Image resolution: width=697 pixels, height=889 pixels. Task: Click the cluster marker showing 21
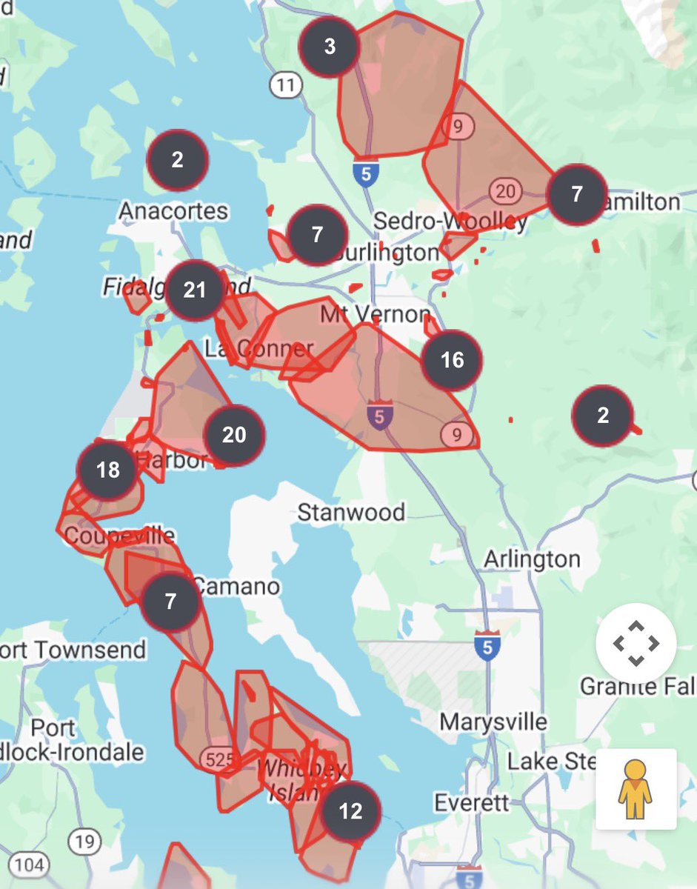195,290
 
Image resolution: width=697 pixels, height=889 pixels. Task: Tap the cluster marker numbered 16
452,360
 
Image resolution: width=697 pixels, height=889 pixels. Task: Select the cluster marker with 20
234,435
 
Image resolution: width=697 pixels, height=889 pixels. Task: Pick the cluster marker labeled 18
108,470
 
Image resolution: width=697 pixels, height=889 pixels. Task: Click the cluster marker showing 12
350,811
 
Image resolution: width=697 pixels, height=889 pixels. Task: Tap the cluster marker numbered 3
330,46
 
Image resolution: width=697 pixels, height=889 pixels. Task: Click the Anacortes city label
173,211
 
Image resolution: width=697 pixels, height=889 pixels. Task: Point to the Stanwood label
351,512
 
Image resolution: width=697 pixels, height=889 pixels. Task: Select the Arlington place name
532,559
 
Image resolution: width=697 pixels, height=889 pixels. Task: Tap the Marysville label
493,722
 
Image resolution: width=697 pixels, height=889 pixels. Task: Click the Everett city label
472,802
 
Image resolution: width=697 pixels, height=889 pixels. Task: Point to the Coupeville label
120,536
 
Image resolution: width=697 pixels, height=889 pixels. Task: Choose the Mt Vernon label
375,314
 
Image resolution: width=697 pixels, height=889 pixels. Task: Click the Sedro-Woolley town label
450,221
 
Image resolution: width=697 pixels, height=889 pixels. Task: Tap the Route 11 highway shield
286,85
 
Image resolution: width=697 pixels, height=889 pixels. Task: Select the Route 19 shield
85,841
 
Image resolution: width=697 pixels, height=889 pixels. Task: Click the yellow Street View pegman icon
636,789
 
